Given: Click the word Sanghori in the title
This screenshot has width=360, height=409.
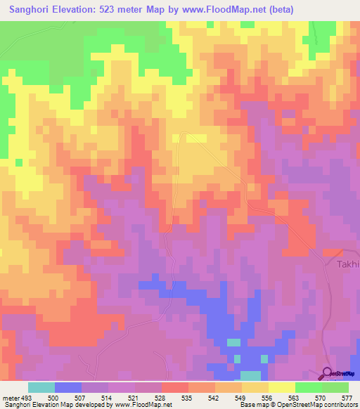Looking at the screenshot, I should (33, 9).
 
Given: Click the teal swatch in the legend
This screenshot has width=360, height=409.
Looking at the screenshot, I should (41, 387).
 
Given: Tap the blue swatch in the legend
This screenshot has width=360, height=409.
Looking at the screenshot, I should (67, 387).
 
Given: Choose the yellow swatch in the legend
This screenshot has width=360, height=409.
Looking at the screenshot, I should (281, 387).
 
